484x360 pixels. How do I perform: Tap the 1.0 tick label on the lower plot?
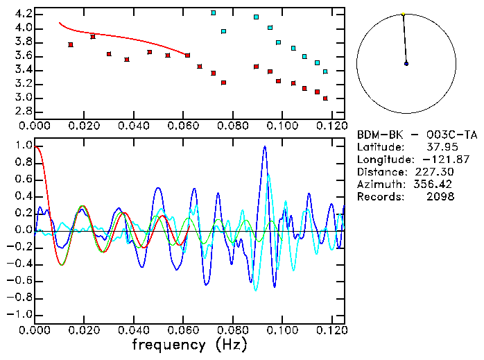[x=23, y=146]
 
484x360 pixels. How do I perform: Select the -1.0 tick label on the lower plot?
[x=20, y=314]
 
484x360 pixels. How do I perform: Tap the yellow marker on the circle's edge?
[x=403, y=14]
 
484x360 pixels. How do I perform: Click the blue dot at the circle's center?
[x=406, y=63]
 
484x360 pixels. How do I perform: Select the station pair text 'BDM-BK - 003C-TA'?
[x=417, y=135]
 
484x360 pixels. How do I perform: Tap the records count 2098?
[x=442, y=197]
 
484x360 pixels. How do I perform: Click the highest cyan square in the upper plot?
[x=214, y=12]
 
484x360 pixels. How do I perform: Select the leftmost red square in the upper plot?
[x=71, y=44]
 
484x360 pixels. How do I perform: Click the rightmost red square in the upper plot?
[x=325, y=98]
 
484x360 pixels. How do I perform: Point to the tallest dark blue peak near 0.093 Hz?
[x=264, y=147]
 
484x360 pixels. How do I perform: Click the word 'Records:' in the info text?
[x=379, y=197]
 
